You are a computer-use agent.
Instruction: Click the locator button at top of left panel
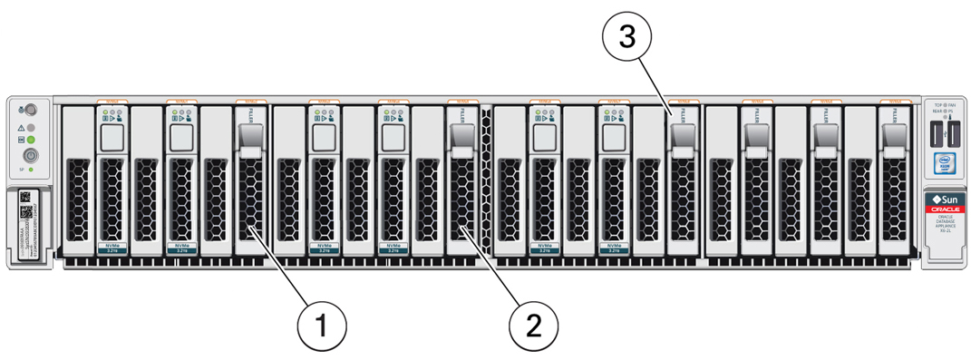(x=30, y=109)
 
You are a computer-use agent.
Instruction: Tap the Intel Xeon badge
(x=947, y=167)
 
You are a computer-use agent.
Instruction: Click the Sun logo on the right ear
(x=947, y=198)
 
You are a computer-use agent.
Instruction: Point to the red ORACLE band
(x=947, y=209)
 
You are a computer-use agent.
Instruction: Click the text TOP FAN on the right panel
(x=947, y=106)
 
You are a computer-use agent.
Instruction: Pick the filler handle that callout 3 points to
(x=681, y=134)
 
